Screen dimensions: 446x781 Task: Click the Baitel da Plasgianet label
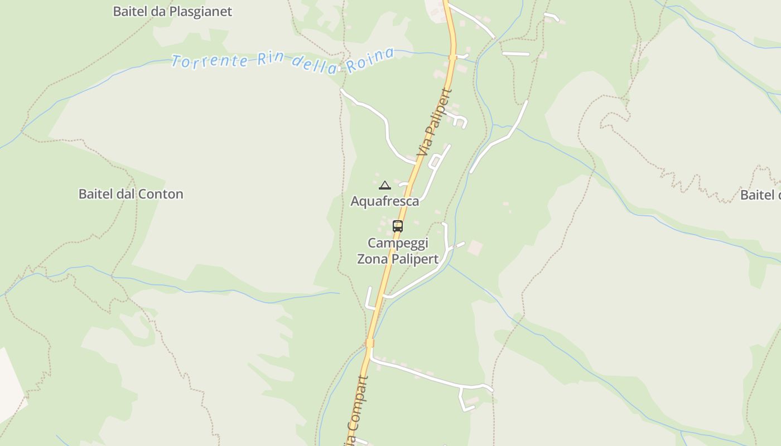(x=172, y=11)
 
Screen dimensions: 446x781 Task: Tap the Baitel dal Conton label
(x=131, y=194)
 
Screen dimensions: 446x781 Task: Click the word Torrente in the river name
(x=209, y=60)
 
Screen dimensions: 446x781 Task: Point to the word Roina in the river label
(x=370, y=60)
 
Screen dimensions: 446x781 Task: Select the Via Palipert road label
(x=435, y=123)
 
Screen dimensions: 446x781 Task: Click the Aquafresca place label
(x=384, y=201)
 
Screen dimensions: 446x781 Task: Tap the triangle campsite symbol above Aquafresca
(x=384, y=185)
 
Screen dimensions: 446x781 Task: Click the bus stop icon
(x=398, y=226)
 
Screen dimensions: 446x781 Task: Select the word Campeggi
(x=398, y=243)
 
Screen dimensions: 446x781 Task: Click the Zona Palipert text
(x=398, y=259)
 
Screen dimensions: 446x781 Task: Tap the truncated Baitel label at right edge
(x=760, y=195)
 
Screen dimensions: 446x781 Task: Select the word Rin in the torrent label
(x=271, y=60)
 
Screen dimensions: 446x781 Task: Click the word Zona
(x=372, y=259)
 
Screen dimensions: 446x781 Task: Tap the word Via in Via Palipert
(x=424, y=147)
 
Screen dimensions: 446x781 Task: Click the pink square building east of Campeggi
(x=475, y=247)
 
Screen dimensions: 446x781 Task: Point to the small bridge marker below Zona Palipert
(x=369, y=342)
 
